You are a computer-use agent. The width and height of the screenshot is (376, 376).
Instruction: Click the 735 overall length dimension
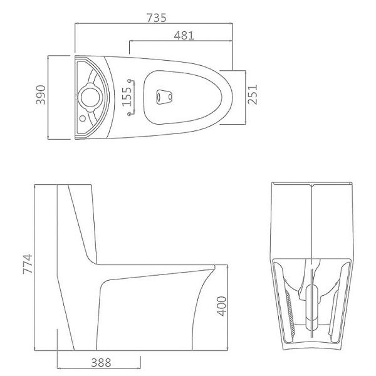[157, 18]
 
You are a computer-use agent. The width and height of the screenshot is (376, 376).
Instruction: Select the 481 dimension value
[184, 36]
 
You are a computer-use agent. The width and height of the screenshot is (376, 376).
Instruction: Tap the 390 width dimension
[39, 98]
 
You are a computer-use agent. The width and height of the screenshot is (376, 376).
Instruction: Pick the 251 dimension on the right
[252, 95]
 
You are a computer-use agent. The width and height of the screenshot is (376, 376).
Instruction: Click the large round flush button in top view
[89, 98]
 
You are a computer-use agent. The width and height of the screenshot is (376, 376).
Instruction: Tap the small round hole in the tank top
[81, 117]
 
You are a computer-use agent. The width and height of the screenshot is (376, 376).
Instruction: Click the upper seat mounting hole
[130, 81]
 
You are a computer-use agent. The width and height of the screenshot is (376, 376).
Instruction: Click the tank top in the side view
[76, 185]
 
